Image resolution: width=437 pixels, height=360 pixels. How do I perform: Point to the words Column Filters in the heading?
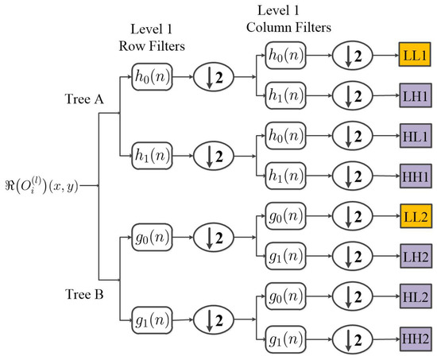(x=288, y=29)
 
